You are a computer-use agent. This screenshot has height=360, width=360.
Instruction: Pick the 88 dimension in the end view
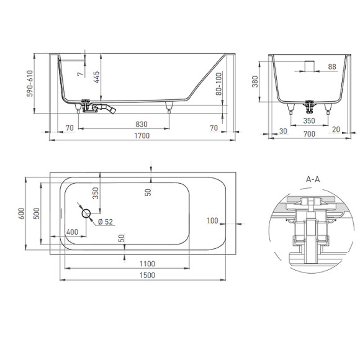click(x=331, y=67)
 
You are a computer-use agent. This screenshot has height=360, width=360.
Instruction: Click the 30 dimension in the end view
click(x=284, y=131)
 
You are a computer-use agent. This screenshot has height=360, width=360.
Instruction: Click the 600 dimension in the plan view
click(x=22, y=214)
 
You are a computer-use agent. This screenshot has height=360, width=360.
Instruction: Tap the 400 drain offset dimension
click(x=72, y=232)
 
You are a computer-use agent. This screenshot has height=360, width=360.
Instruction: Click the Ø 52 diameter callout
click(x=104, y=222)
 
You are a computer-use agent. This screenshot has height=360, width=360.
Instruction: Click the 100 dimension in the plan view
click(x=213, y=220)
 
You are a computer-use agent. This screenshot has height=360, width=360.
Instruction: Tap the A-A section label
click(x=314, y=178)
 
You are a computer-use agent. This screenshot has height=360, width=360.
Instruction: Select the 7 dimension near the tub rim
click(x=79, y=74)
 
